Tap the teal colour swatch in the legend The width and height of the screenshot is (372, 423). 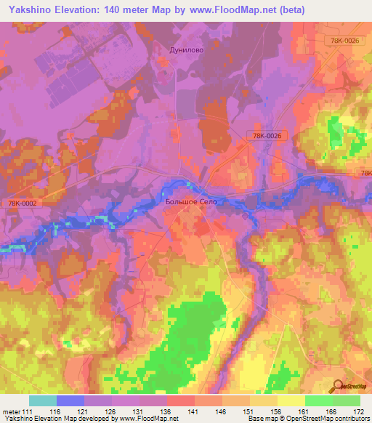tap(43, 400)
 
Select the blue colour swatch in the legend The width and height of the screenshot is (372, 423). tap(70, 400)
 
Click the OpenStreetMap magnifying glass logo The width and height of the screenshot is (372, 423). tap(337, 385)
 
